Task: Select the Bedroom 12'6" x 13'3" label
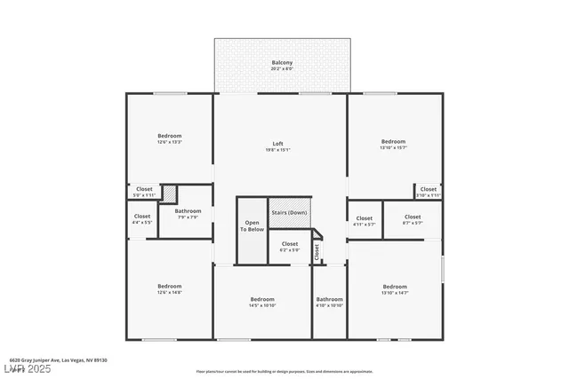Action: (169, 138)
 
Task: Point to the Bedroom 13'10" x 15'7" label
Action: (393, 144)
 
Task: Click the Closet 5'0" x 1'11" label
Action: (143, 191)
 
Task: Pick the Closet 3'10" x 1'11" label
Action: (428, 191)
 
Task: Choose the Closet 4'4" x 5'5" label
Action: (142, 218)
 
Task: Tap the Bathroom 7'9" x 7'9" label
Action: (188, 213)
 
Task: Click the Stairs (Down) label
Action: (290, 213)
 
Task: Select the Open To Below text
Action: (252, 225)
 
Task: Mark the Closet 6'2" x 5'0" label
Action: (290, 246)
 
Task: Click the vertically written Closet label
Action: (317, 252)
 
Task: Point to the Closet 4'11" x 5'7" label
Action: (365, 220)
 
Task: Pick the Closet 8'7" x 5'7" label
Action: (413, 219)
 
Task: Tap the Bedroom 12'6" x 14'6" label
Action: (169, 288)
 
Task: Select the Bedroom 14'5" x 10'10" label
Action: (262, 302)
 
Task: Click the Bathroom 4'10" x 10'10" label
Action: (329, 302)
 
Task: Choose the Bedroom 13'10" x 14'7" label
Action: (395, 288)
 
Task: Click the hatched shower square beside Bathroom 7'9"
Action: (169, 194)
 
